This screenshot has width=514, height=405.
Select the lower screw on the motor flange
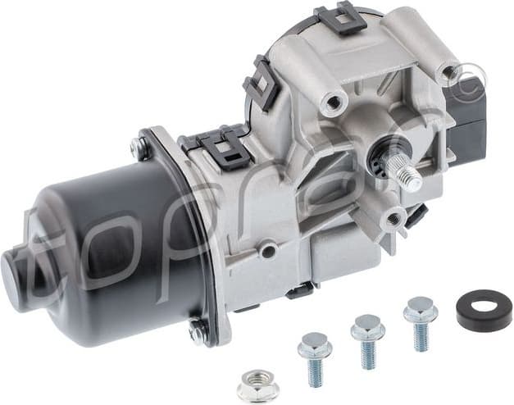(x=198, y=331)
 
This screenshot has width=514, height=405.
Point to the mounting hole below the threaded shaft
(x=393, y=218)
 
